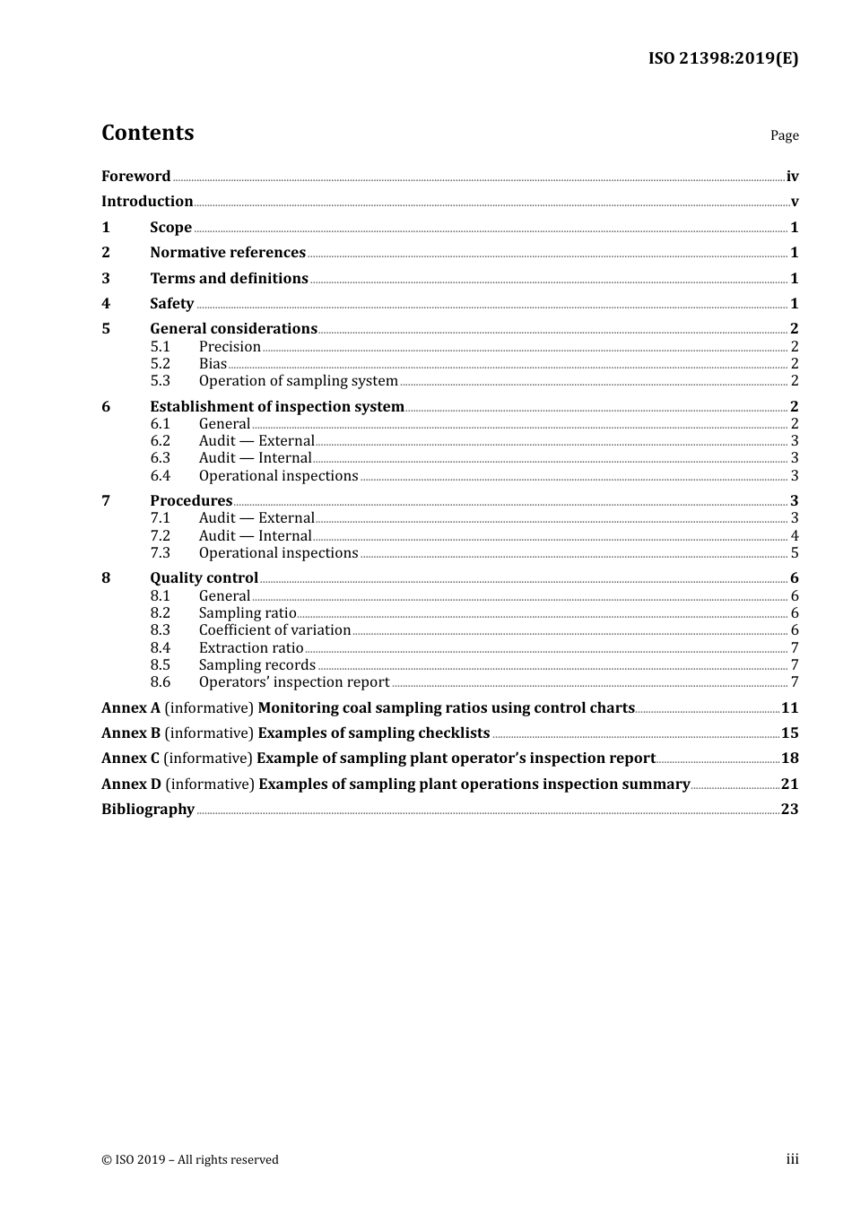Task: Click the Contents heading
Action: coord(147,133)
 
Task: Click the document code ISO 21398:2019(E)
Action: coord(723,58)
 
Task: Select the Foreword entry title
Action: coord(135,177)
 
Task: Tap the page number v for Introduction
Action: coord(794,202)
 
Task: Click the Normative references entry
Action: coord(228,253)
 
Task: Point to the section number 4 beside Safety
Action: coord(106,304)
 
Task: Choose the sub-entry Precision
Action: coord(230,347)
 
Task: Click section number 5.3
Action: coord(160,381)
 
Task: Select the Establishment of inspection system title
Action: coord(277,407)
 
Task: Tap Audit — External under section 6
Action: coord(256,441)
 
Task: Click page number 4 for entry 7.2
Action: coord(795,536)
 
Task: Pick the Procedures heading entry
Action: coord(191,501)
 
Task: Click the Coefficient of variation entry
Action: coord(274,630)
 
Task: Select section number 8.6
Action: coord(160,682)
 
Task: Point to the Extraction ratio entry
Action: coord(251,648)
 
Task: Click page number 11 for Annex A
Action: coord(789,708)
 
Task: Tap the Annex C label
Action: coord(130,759)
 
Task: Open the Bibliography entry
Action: coord(148,810)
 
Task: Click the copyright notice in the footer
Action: coord(190,1160)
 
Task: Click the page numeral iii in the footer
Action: coord(792,1159)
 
